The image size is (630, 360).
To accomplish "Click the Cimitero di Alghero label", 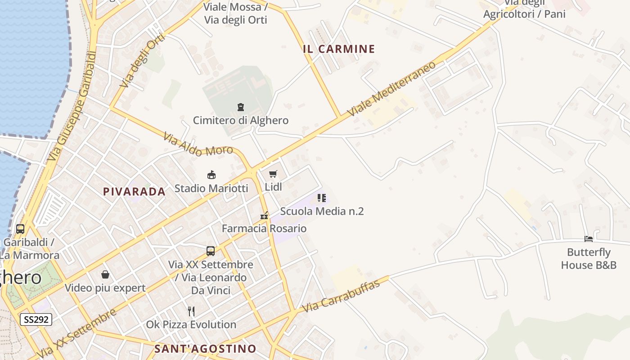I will [241, 121].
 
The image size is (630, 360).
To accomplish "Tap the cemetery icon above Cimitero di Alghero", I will [241, 107].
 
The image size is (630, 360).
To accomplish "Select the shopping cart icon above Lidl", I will [273, 174].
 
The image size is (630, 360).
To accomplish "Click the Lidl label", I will [273, 186].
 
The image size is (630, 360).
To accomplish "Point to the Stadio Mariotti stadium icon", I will [211, 175].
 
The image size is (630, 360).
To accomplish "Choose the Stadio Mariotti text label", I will [211, 188].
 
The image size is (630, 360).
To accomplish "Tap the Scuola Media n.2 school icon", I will [321, 198].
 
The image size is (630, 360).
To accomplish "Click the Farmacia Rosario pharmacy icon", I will [264, 216].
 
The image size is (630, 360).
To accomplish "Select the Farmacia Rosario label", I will [264, 229].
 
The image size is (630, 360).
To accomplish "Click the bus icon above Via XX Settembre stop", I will [211, 251].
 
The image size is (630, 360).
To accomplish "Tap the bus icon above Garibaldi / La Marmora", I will [20, 229].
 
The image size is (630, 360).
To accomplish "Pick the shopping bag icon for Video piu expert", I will [105, 274].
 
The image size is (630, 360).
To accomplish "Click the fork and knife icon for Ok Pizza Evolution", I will [191, 311].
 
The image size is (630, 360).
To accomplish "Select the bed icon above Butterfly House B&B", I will [589, 238].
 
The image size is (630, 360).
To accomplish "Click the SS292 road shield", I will [36, 320].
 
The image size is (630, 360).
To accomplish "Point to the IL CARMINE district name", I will [339, 49].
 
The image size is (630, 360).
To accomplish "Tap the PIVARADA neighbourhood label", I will [134, 192].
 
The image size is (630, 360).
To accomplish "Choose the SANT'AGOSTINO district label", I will [205, 349].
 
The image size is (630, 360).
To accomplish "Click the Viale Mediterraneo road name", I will [392, 88].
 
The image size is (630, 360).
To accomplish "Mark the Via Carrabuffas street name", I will [346, 295].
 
